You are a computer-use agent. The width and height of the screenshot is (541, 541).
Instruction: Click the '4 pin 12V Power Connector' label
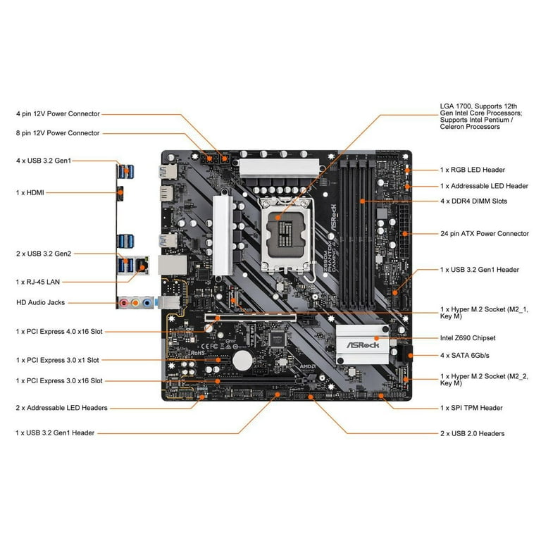coord(58,113)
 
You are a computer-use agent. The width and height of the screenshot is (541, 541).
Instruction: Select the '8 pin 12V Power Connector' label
coord(58,133)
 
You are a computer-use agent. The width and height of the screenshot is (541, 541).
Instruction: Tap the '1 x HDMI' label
coord(30,192)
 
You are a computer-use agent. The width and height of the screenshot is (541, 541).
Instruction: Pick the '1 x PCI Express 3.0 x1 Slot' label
coord(61,360)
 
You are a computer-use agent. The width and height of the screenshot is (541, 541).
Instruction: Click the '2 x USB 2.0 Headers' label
coord(472,433)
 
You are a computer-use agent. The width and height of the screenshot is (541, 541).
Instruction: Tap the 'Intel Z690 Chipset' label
coord(468,338)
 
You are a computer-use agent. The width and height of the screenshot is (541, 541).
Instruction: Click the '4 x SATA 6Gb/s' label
coord(464,355)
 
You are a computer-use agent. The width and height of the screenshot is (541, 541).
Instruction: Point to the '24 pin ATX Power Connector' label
coord(484,234)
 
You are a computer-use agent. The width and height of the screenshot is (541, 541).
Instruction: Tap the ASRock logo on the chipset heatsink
coord(361,345)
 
